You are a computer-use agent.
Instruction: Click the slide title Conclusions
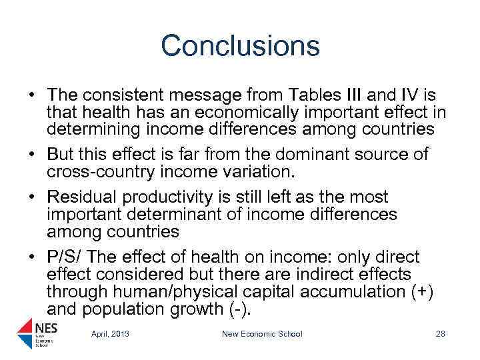[240, 46]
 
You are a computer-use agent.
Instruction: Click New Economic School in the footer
[262, 334]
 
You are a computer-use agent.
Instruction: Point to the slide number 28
[440, 334]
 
